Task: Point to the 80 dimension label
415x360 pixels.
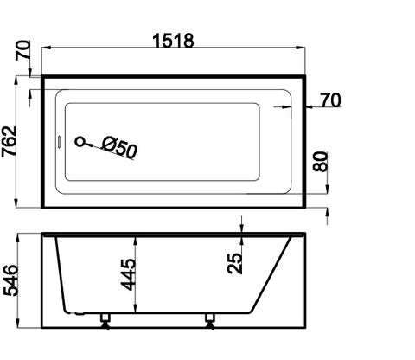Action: click(x=322, y=162)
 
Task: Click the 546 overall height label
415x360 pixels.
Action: click(x=10, y=280)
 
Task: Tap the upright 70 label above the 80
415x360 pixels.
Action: click(x=329, y=102)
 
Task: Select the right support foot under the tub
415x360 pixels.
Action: click(x=210, y=320)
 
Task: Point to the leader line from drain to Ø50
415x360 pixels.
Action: click(x=93, y=143)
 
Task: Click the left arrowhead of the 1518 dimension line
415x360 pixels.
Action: click(x=44, y=51)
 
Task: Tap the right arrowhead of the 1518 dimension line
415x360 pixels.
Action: click(x=303, y=51)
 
